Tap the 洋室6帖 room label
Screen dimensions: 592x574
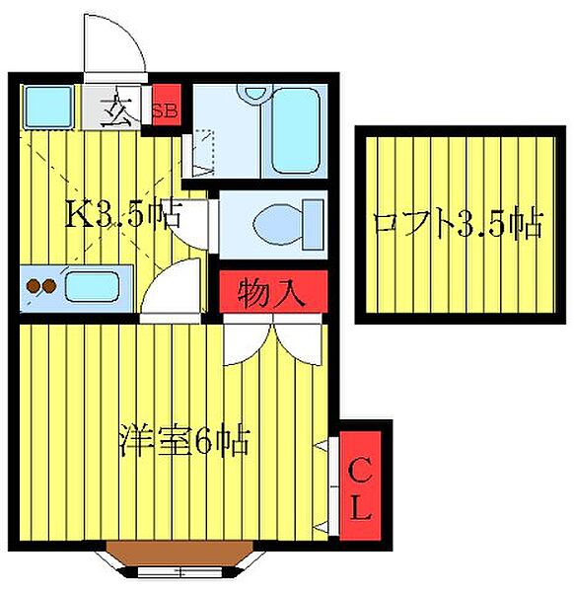point(184,438)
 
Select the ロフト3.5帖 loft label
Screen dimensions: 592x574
point(458,225)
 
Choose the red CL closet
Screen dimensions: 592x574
point(359,490)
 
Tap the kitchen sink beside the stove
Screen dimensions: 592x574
point(92,288)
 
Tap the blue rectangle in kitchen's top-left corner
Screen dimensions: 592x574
point(43,106)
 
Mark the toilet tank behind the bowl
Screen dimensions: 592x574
point(314,218)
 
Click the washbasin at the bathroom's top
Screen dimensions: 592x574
point(255,94)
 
